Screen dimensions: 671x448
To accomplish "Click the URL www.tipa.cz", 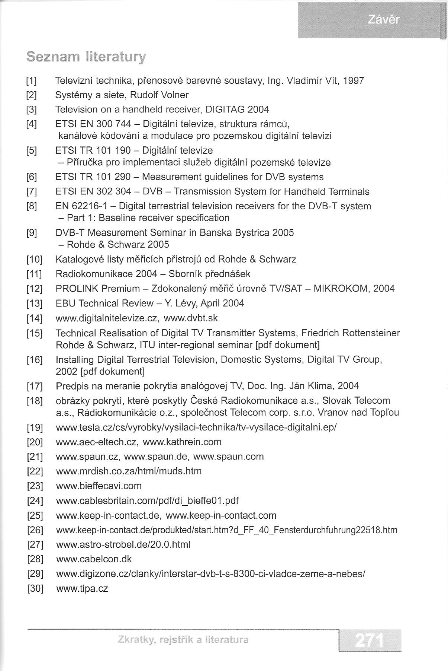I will tap(82, 589).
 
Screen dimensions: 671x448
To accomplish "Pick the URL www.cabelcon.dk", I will tap(94, 559).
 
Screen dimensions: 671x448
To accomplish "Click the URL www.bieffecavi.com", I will tap(99, 486).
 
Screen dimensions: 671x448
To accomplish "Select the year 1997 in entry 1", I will tap(354, 80).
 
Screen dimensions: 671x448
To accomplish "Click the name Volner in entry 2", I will tap(175, 95).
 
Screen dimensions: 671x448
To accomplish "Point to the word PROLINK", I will tap(77, 289).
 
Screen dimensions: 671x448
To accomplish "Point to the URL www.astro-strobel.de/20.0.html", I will tap(123, 545).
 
